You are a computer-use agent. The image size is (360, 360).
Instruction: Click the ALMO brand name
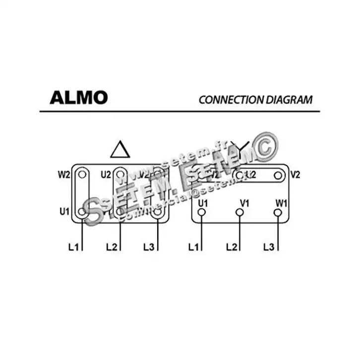[78, 98]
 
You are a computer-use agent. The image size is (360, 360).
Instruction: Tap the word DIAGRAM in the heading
[289, 99]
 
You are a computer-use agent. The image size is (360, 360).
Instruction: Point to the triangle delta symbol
[120, 149]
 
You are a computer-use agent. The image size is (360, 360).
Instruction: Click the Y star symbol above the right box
[241, 148]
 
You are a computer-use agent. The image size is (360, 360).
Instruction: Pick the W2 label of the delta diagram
[64, 175]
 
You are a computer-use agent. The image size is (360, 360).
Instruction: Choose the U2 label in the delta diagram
[106, 175]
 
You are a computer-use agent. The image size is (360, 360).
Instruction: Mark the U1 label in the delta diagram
[64, 212]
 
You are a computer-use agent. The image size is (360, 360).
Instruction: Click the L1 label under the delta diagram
[73, 246]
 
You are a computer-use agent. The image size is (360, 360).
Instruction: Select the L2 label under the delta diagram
[112, 246]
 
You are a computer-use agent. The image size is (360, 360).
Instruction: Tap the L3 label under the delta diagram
[149, 246]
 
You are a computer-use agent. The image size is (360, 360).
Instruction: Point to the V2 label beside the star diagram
[296, 175]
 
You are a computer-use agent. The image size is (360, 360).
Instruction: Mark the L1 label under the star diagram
[194, 246]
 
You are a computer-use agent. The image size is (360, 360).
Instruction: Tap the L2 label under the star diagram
[232, 246]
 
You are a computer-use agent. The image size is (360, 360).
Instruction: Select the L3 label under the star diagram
[269, 246]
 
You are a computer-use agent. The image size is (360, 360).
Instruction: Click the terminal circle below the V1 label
[240, 212]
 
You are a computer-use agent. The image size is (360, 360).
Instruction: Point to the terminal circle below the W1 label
[278, 212]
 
